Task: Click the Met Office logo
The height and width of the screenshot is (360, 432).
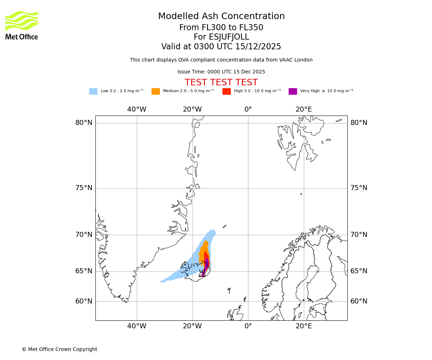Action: (x=22, y=25)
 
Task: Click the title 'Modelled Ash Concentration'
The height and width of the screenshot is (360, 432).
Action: (x=221, y=16)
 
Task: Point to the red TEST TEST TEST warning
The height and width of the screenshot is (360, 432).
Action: (x=221, y=82)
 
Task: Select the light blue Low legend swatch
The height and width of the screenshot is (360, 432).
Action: (x=93, y=91)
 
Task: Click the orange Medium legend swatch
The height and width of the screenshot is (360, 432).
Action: (x=156, y=91)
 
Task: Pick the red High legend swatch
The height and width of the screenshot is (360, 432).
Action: (x=226, y=91)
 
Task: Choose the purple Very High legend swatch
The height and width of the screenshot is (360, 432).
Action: (x=293, y=91)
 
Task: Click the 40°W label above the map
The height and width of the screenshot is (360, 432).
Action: (x=137, y=109)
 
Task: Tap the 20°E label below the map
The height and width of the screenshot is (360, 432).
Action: (x=303, y=326)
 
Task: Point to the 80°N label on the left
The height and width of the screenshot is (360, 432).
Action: (x=84, y=123)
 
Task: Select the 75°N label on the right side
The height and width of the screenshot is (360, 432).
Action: (x=359, y=188)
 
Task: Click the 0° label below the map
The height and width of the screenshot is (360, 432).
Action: (x=248, y=326)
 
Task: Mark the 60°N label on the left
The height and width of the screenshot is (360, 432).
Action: (x=84, y=301)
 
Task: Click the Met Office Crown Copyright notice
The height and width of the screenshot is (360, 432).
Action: (x=59, y=349)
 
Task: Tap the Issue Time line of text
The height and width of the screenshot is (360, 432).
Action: (x=221, y=72)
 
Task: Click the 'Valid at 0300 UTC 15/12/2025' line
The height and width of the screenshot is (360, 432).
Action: (x=221, y=47)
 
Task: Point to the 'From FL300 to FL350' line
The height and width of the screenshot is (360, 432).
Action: (x=221, y=28)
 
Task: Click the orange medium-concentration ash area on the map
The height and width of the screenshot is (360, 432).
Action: (x=203, y=250)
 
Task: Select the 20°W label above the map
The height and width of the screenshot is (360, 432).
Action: (x=192, y=109)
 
